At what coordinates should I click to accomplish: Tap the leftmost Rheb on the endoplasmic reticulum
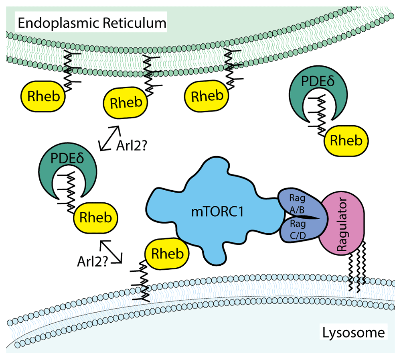click(42, 96)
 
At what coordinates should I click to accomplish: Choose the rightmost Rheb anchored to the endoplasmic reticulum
click(206, 96)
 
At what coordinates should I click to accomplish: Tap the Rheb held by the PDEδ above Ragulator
click(346, 140)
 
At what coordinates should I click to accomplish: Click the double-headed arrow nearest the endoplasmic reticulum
click(109, 138)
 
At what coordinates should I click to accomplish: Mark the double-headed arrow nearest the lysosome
click(111, 252)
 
